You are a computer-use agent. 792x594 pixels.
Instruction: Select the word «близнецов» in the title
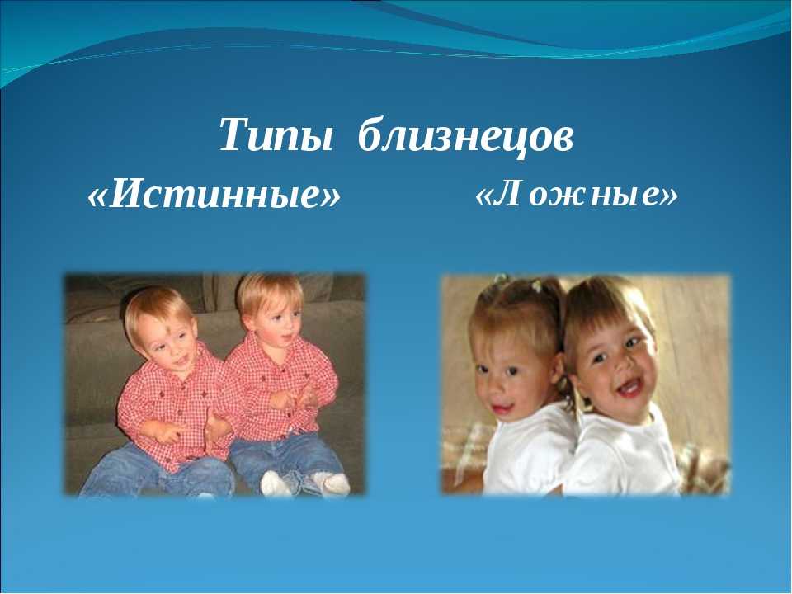click(465, 134)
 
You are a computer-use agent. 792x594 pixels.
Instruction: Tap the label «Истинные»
click(214, 195)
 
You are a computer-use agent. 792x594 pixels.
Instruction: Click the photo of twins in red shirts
click(214, 384)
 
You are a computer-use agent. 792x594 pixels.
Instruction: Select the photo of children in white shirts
click(586, 384)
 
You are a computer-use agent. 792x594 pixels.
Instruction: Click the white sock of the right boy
click(331, 483)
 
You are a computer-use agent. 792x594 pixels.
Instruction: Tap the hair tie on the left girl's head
click(536, 286)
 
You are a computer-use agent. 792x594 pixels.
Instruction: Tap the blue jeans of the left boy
click(157, 469)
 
